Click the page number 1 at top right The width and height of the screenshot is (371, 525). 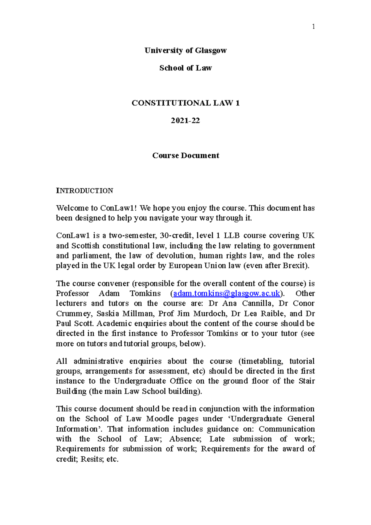click(x=313, y=27)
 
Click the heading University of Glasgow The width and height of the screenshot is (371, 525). click(x=185, y=50)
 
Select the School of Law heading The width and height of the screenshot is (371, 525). click(x=185, y=68)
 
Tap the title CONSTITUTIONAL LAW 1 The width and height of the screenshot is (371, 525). click(x=185, y=103)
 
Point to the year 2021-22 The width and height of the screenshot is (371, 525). click(x=185, y=121)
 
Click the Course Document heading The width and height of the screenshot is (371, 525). click(x=185, y=156)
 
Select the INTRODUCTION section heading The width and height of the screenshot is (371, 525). click(x=84, y=191)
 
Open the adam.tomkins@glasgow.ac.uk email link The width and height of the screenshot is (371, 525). click(x=227, y=293)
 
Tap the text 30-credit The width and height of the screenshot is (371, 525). click(x=177, y=236)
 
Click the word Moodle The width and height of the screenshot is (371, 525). click(x=160, y=419)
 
